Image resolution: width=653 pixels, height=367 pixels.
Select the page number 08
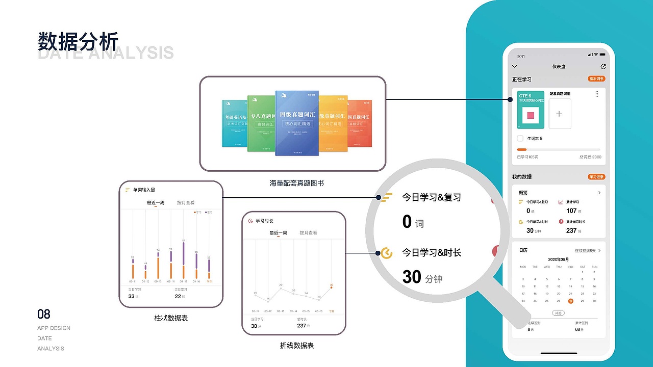point(44,314)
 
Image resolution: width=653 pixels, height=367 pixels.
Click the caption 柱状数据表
point(171,318)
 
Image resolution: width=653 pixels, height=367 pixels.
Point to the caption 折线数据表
point(297,346)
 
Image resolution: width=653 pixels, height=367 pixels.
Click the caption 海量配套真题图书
point(296,182)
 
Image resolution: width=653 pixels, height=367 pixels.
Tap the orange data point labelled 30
point(332,287)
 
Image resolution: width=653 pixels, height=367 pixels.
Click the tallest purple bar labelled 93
point(183,252)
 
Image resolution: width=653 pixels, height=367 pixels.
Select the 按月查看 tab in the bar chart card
point(186,203)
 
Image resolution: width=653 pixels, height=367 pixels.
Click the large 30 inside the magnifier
point(412,277)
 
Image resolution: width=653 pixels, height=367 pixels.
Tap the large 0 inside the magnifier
point(407,222)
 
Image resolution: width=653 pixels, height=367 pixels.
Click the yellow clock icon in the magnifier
point(387,253)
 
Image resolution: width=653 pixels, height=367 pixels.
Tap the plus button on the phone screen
point(559,114)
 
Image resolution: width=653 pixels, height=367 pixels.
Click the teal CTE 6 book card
point(531,110)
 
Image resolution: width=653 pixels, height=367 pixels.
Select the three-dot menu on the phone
point(597,94)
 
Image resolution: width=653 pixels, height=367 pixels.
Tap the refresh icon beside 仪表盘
point(604,66)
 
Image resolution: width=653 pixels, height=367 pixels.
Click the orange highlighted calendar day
point(571,301)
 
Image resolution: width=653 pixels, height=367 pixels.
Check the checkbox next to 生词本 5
point(520,139)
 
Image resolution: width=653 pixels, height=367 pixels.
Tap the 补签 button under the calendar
point(559,313)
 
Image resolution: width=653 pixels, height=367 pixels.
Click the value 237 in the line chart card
point(301,326)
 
